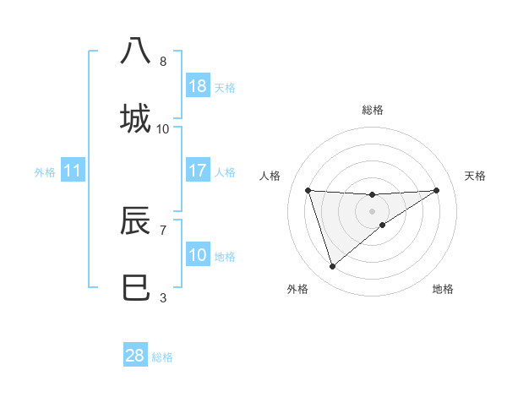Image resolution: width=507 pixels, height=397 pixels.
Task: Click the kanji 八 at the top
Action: pyautogui.click(x=136, y=51)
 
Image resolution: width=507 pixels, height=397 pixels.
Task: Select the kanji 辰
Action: pyautogui.click(x=136, y=220)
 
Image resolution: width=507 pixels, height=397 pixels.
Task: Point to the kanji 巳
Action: pyautogui.click(x=136, y=287)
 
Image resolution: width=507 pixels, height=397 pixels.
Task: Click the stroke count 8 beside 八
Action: pyautogui.click(x=163, y=62)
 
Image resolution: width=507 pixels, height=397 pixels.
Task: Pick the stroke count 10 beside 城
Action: pyautogui.click(x=163, y=129)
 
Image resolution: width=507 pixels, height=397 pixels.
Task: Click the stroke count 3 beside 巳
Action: pyautogui.click(x=163, y=297)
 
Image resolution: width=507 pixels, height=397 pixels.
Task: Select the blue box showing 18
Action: pyautogui.click(x=198, y=86)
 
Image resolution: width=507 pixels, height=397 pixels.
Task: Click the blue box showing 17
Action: pyautogui.click(x=198, y=171)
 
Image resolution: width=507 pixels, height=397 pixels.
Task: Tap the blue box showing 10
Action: pyautogui.click(x=198, y=255)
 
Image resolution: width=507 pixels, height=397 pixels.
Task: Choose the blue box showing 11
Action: pyautogui.click(x=73, y=171)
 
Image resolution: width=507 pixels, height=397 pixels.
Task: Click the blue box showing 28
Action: pyautogui.click(x=135, y=356)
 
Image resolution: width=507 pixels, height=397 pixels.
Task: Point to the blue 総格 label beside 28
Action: pyautogui.click(x=162, y=357)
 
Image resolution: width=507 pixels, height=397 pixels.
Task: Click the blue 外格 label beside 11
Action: pyautogui.click(x=45, y=172)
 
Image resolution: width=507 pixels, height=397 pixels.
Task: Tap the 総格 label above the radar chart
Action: pyautogui.click(x=373, y=110)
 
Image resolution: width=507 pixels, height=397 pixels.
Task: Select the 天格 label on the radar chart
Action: pyautogui.click(x=476, y=176)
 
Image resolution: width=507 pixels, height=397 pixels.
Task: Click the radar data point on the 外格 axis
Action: pyautogui.click(x=332, y=267)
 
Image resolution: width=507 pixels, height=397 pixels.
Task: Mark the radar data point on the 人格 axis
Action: pyautogui.click(x=308, y=190)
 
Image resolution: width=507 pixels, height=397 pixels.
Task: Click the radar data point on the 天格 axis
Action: pyautogui.click(x=437, y=190)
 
